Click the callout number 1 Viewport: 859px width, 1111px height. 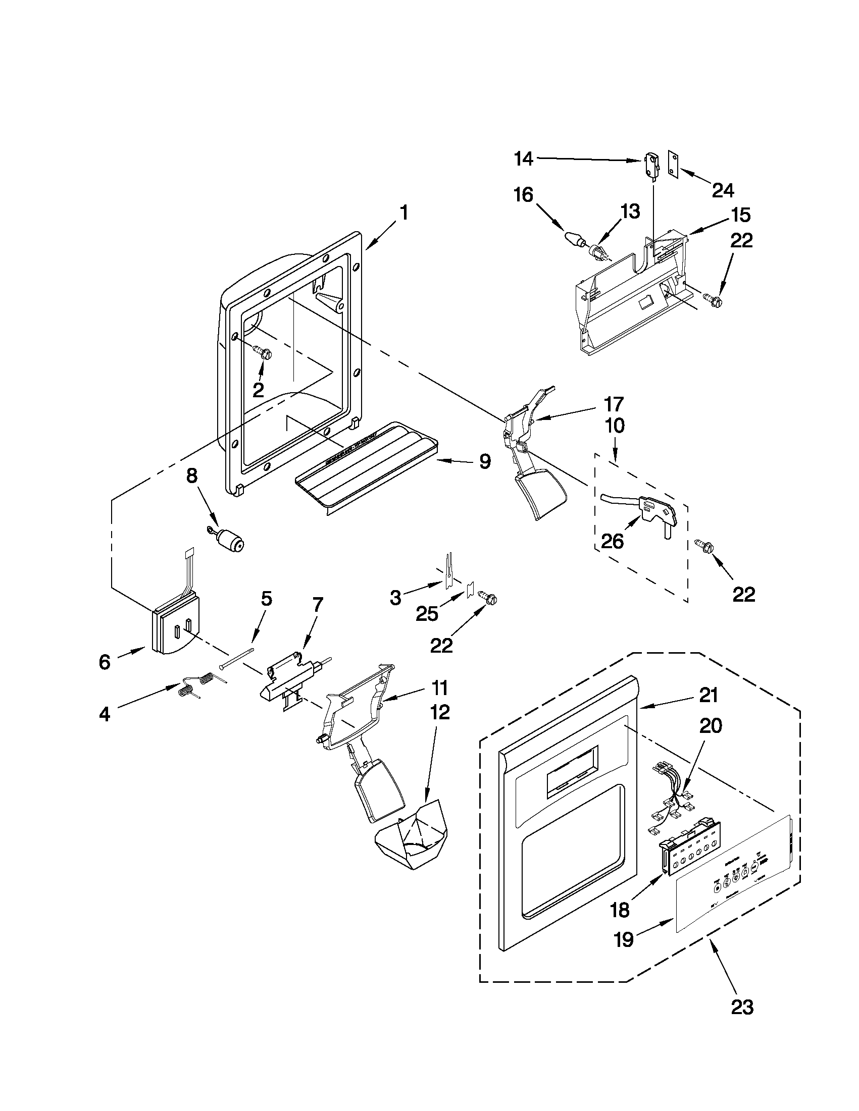click(x=403, y=213)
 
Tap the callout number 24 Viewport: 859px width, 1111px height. click(x=723, y=191)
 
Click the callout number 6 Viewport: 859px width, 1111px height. click(x=104, y=662)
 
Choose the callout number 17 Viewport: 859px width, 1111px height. click(x=613, y=404)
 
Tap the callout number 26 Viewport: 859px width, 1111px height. click(x=612, y=542)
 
